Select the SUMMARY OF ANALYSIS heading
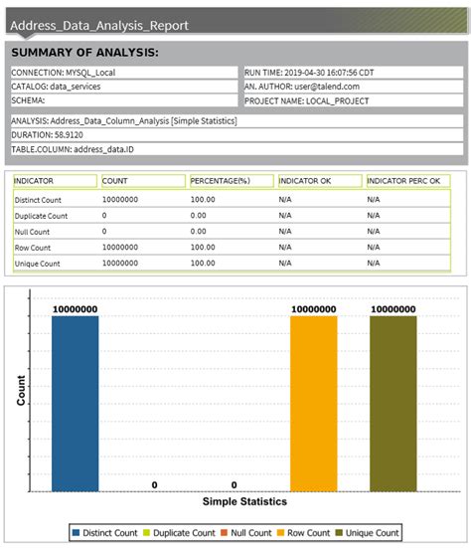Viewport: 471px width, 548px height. (84, 53)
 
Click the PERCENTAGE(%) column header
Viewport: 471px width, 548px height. (220, 181)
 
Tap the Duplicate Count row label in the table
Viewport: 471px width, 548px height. (41, 215)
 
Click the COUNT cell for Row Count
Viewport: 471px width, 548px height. (120, 247)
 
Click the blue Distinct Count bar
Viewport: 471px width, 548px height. (76, 403)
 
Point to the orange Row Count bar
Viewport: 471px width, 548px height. (314, 403)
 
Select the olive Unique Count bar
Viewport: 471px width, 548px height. (393, 403)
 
